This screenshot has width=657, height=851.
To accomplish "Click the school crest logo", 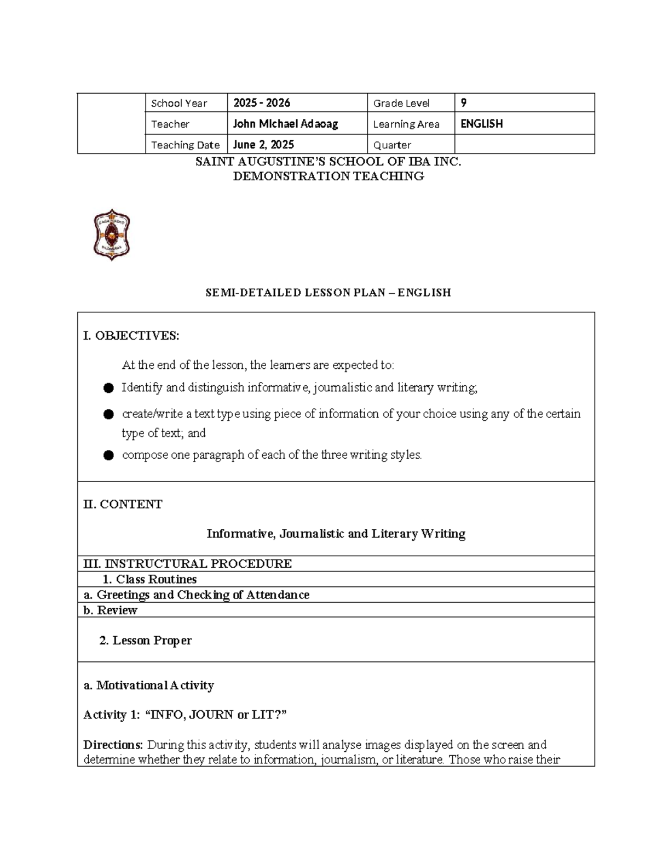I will tap(112, 235).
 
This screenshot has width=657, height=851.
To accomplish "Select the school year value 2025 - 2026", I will tap(262, 103).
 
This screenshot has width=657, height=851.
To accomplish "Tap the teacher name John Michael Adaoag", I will tap(285, 124).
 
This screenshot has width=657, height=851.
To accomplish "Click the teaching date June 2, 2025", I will tap(263, 145).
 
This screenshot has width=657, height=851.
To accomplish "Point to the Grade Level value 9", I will tap(464, 103).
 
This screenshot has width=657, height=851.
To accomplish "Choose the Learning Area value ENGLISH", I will tap(481, 124).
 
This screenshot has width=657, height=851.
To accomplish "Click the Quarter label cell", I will tap(392, 145).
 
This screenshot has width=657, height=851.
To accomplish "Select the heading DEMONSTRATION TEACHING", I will tap(328, 176).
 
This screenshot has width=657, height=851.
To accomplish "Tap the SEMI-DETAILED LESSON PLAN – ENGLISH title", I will tap(328, 293).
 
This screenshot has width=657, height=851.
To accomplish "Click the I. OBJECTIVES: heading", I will tap(131, 336).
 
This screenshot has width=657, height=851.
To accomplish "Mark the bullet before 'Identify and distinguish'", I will tap(108, 389).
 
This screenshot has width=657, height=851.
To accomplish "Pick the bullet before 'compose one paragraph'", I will tap(108, 455).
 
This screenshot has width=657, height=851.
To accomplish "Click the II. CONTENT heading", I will tap(123, 504).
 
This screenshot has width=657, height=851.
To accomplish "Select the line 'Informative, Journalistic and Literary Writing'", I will tap(336, 534).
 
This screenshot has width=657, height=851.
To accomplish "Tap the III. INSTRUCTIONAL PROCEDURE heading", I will tap(187, 564).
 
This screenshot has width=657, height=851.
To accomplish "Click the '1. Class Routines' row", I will tap(149, 579).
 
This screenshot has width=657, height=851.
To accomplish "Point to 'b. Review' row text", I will tap(110, 610).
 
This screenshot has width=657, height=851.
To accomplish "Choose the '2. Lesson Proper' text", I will tap(146, 641).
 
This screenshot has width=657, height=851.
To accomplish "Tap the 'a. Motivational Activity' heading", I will tap(148, 686).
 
